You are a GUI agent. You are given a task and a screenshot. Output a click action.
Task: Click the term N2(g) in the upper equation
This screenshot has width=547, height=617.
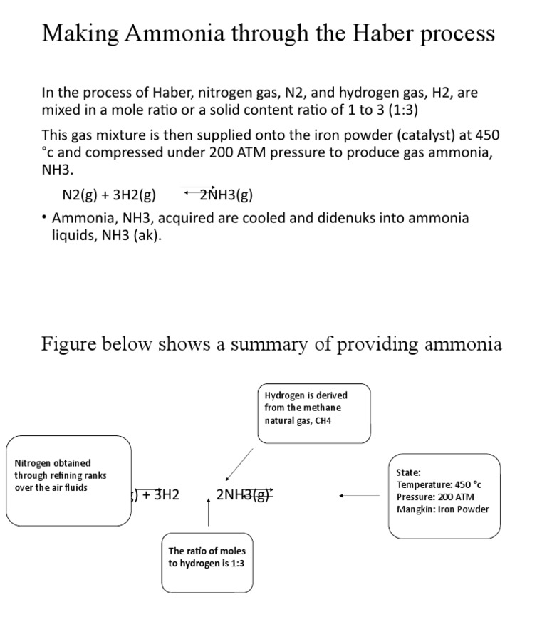tap(80, 195)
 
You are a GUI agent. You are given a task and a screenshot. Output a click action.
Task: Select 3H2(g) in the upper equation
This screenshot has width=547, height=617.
tap(135, 195)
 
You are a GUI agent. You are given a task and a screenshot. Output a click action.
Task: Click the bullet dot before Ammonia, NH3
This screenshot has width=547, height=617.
tap(44, 218)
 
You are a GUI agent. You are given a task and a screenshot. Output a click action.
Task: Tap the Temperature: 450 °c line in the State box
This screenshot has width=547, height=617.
tap(439, 484)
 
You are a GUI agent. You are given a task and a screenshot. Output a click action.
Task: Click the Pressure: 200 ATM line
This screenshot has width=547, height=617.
tap(435, 497)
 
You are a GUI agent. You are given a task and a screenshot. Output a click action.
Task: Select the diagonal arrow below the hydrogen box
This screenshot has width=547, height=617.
tap(239, 465)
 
